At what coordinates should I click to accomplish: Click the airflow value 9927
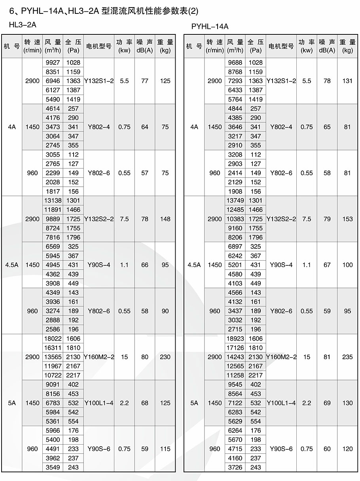53,62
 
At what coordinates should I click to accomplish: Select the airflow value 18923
235,339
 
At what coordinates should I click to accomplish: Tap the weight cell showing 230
165,357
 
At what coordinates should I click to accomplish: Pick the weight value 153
347,219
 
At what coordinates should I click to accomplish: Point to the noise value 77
145,81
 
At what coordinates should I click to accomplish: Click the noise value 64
145,127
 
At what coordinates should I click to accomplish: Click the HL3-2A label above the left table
23,25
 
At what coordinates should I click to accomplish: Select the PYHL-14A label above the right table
210,27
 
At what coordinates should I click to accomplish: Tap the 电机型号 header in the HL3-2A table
99,46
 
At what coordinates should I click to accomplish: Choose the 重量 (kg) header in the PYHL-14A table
347,46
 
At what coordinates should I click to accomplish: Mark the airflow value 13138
53,201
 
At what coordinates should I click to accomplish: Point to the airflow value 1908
235,191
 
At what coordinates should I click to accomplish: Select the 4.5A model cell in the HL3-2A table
12,265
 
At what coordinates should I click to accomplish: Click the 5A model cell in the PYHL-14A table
194,403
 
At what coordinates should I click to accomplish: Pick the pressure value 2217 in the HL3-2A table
73,375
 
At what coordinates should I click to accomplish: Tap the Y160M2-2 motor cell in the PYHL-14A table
281,357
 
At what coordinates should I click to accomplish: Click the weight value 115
165,449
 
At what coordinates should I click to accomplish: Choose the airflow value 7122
235,403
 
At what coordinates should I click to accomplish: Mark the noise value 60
327,449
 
